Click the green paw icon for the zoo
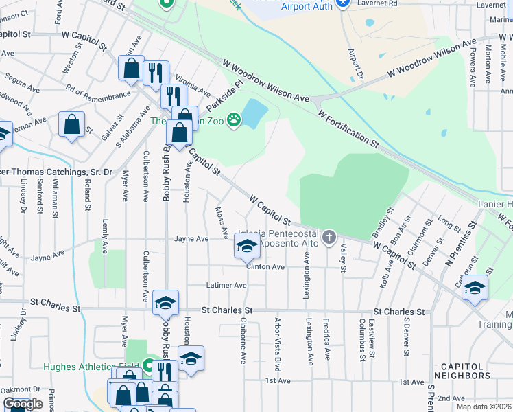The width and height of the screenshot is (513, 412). (234, 120)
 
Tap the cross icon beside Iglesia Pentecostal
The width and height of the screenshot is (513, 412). (329, 238)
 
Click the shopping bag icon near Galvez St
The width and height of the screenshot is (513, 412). (71, 125)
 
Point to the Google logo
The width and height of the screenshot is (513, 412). (23, 404)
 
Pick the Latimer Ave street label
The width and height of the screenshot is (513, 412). (226, 285)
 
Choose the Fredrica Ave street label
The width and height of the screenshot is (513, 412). (327, 341)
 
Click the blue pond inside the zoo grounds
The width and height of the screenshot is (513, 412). (253, 113)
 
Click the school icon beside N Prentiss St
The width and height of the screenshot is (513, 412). (474, 288)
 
